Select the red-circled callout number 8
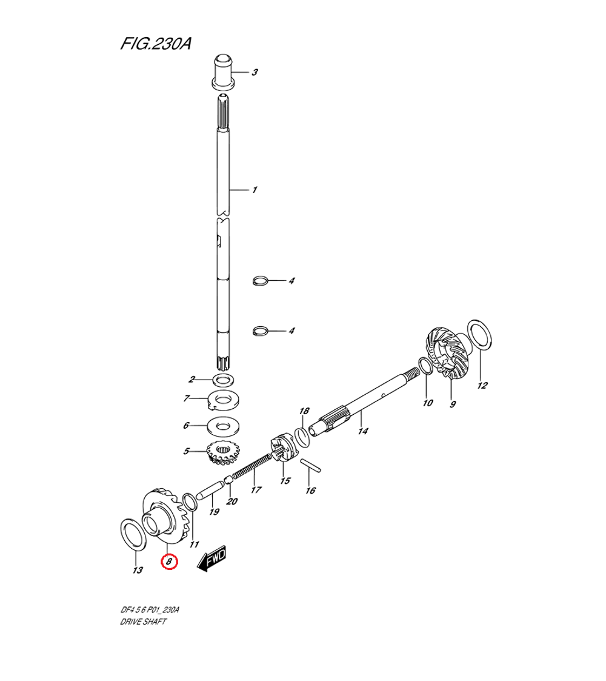point(169,562)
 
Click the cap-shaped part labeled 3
point(224,72)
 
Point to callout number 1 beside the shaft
point(255,190)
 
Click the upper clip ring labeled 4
point(260,281)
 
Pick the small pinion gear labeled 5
point(222,454)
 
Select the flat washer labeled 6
point(224,426)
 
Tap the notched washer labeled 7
point(224,400)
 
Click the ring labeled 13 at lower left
point(132,534)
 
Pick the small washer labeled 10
point(425,367)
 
